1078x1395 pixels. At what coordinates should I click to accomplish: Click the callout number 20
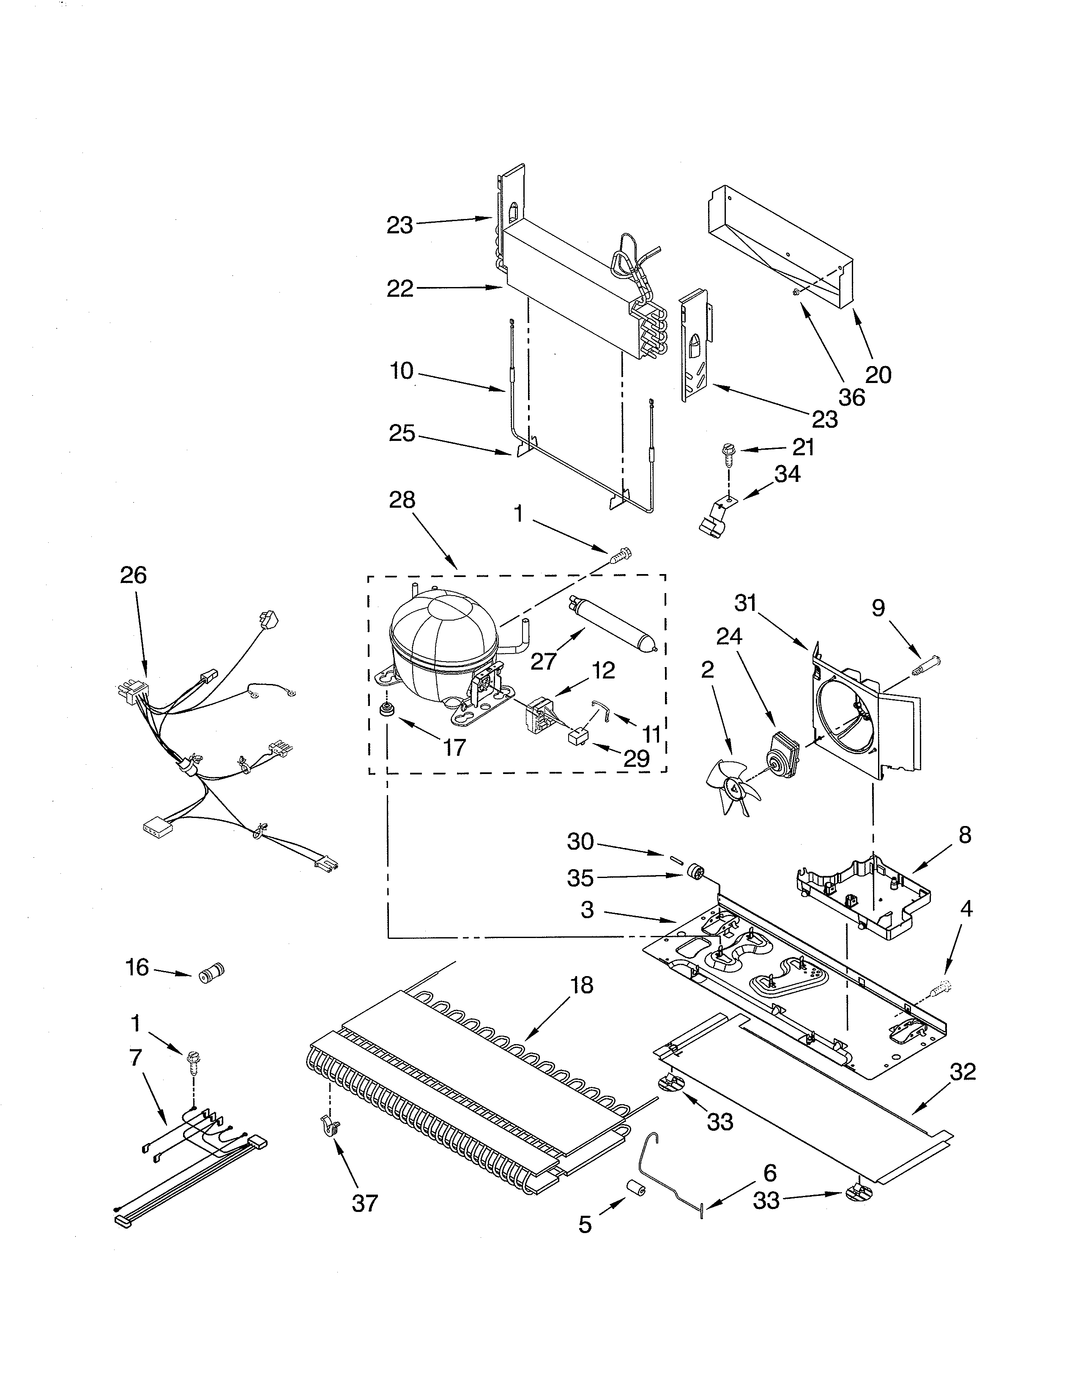tap(878, 374)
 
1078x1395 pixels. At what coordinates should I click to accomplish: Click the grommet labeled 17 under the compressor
tap(386, 709)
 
